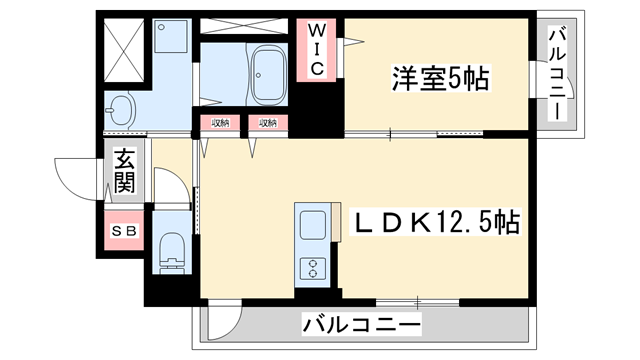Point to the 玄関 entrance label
(125, 172)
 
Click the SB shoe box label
(126, 232)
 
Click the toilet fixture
(171, 251)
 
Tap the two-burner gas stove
(311, 267)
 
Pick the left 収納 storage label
(220, 124)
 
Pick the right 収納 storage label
(267, 124)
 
